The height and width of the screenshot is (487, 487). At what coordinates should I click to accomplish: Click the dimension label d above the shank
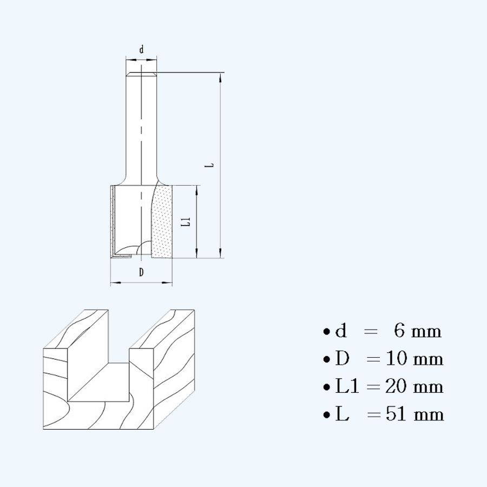pyautogui.click(x=141, y=50)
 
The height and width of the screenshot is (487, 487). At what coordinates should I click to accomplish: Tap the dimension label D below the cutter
pyautogui.click(x=141, y=272)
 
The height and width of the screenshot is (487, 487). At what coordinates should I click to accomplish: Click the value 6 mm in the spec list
pyautogui.click(x=417, y=331)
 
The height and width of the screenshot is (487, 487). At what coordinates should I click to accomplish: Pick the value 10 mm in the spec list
pyautogui.click(x=414, y=359)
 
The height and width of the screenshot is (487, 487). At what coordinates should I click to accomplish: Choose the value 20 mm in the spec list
pyautogui.click(x=414, y=386)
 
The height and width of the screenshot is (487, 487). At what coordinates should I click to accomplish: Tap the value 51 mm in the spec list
pyautogui.click(x=415, y=414)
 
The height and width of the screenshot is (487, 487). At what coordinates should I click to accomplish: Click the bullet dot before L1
pyautogui.click(x=326, y=387)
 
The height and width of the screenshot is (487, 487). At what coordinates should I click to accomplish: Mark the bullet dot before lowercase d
pyautogui.click(x=326, y=332)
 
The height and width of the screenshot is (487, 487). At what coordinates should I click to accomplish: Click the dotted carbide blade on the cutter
pyautogui.click(x=162, y=222)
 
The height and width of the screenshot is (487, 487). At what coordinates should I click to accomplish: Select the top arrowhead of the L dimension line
pyautogui.click(x=220, y=77)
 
